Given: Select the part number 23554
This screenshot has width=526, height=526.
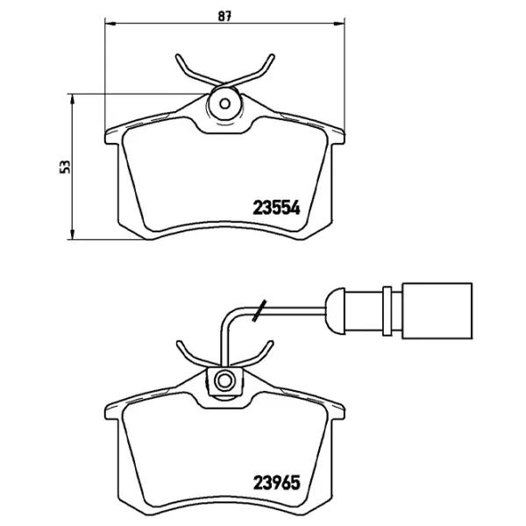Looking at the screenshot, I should [277, 208].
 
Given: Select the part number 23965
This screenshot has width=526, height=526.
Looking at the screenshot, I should [277, 481].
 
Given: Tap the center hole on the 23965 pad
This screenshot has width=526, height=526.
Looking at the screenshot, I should [224, 380].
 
